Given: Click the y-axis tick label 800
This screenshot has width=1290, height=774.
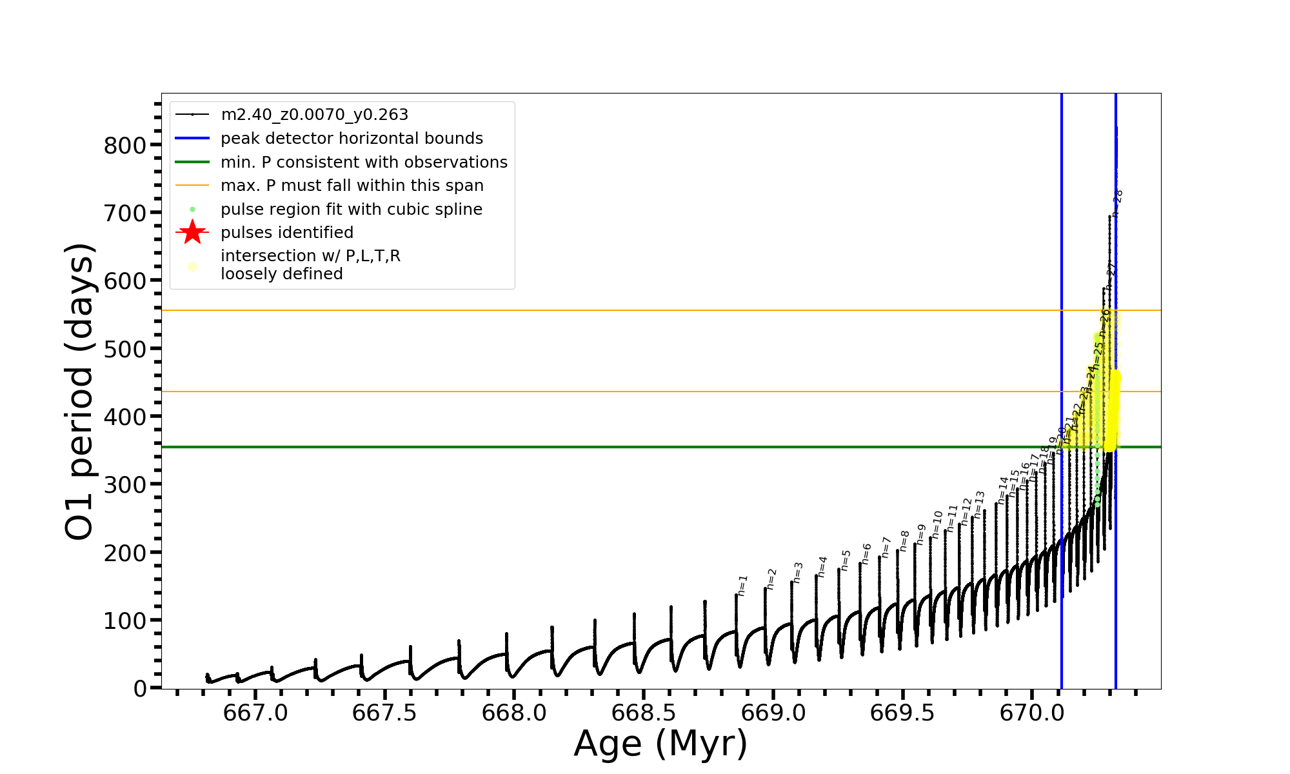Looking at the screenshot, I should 125,146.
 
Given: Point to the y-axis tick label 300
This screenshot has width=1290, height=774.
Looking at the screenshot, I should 125,485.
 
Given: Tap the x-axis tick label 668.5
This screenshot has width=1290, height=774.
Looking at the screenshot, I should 643,713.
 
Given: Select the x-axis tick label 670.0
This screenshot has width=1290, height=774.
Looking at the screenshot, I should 1031,713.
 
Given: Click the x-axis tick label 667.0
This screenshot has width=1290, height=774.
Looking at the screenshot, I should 255,713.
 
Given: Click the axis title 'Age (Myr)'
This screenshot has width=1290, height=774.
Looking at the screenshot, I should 660,744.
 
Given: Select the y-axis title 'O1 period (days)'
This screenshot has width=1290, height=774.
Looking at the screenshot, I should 80,391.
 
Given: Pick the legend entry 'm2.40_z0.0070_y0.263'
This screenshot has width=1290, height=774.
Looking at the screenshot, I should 314,115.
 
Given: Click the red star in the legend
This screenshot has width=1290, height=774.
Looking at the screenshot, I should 192,232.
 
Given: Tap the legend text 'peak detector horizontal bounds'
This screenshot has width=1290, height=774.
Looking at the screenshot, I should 352,139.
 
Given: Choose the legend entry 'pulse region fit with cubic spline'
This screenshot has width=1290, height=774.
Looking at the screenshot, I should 352,210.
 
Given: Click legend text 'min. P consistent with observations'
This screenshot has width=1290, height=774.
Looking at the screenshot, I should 364,163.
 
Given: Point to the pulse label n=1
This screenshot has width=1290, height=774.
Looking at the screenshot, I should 743,585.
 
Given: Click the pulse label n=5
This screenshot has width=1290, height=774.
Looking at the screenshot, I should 846,560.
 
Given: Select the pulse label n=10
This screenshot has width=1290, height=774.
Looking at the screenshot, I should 938,524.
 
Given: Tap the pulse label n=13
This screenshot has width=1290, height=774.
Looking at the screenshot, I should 980,505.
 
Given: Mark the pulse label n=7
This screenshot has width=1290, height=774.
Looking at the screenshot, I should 886,547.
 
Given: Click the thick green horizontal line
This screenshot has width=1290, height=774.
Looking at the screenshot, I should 580,447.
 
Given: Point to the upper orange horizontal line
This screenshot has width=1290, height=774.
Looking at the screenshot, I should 580,311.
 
